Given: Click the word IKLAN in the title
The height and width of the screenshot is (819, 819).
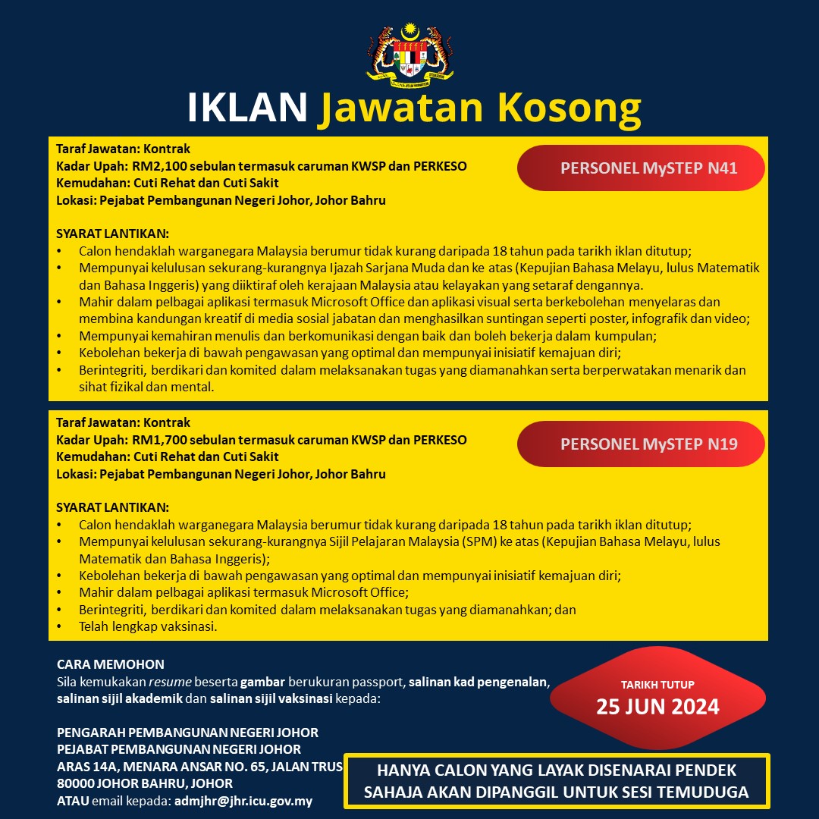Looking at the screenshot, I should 247,108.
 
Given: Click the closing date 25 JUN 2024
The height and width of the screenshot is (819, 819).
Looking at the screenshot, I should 657,708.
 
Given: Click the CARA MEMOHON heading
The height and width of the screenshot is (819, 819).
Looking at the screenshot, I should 111,664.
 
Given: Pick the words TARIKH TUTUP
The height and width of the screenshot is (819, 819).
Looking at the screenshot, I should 657,685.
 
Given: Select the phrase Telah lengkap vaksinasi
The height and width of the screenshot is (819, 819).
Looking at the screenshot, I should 148,626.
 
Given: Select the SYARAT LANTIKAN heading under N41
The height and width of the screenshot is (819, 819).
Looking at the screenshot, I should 113,233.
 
